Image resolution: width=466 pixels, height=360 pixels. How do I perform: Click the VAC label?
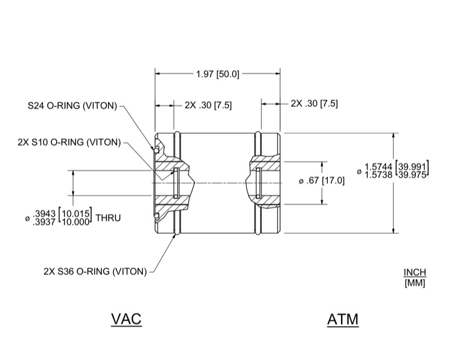[126, 319]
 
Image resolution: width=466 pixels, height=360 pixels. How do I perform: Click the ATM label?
[343, 320]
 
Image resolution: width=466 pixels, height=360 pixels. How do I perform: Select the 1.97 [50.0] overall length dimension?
[217, 74]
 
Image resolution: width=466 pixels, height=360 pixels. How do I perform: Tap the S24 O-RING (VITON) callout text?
[72, 106]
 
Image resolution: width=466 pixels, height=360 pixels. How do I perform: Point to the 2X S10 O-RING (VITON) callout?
[69, 143]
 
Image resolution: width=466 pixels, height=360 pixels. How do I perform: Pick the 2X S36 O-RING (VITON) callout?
[95, 271]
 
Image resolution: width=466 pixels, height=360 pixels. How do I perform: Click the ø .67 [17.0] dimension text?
[322, 181]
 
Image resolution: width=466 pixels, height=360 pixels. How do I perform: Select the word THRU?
[108, 218]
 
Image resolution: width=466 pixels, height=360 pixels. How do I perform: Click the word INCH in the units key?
[415, 272]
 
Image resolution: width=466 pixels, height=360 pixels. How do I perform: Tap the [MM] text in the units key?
[415, 283]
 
